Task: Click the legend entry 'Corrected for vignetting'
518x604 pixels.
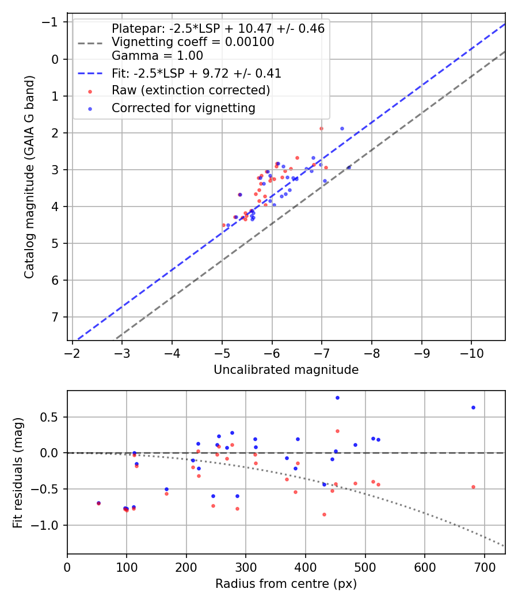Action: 184,108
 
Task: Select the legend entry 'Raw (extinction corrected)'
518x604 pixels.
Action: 191,90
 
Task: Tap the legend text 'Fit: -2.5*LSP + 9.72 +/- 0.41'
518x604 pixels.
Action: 196,73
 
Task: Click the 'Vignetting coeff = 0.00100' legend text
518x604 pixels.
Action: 193,42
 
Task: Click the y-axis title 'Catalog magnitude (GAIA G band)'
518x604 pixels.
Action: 29,177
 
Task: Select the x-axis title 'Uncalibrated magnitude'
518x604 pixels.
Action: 286,370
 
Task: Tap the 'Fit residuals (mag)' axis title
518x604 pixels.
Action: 18,473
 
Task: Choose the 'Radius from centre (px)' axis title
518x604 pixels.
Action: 286,584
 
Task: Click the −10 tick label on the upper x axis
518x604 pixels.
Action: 471,353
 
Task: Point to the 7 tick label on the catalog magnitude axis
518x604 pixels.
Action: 55,317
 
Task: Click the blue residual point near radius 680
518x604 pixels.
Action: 473,407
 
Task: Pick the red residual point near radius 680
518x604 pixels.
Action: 473,487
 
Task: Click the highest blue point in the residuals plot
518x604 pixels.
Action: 337,398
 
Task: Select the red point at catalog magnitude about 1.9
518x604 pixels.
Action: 321,129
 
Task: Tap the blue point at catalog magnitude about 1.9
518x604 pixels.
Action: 342,129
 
